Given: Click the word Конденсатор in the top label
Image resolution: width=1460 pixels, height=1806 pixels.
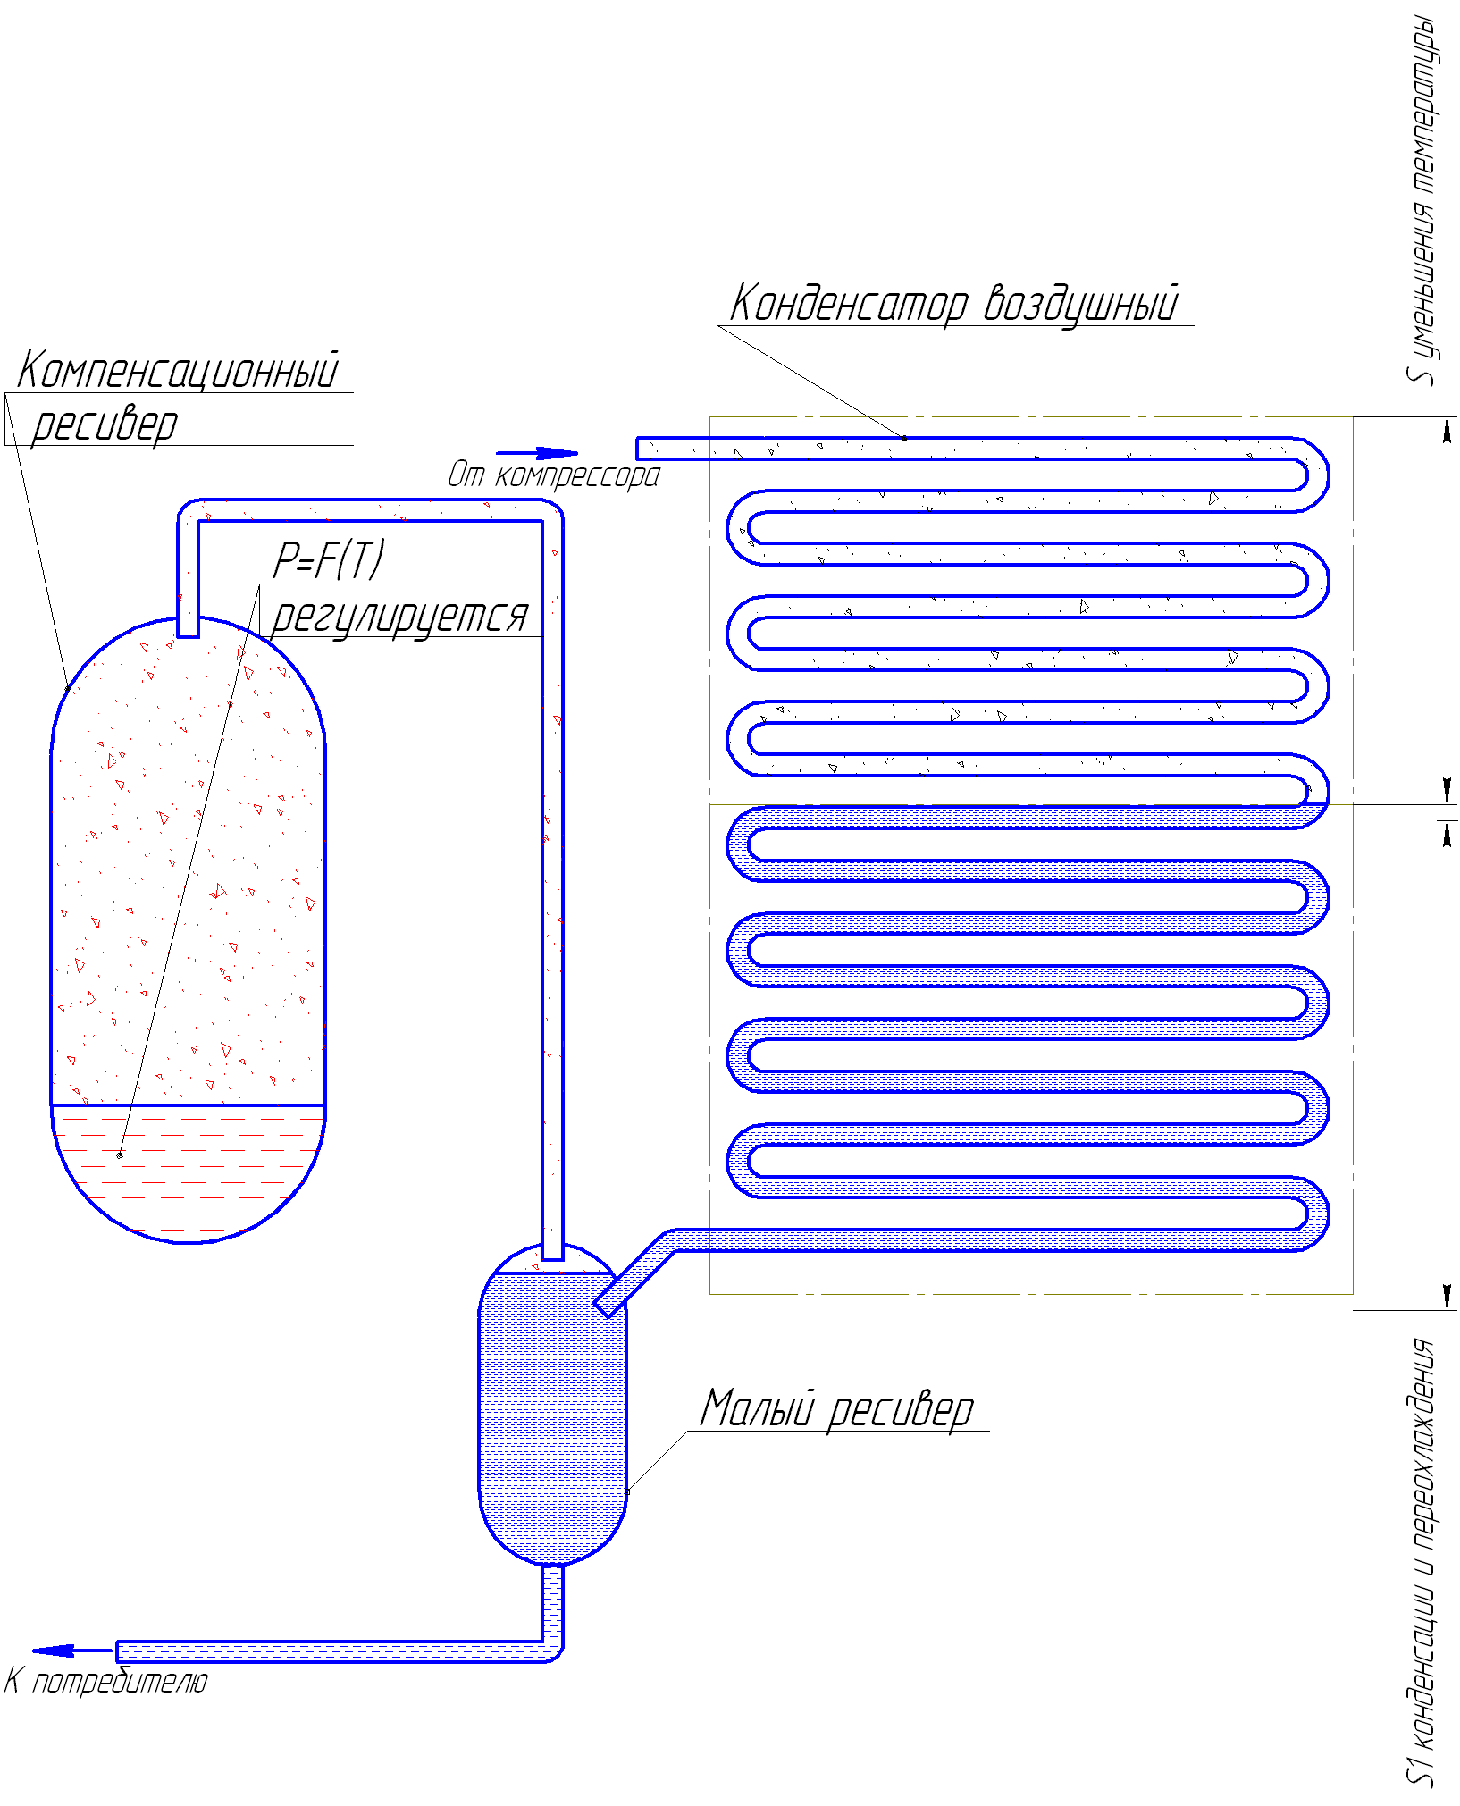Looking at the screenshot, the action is coord(849,304).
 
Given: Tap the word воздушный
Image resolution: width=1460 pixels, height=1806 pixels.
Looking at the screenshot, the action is coord(1081,305).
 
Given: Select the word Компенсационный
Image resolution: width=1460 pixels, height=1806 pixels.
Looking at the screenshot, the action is coord(179,370).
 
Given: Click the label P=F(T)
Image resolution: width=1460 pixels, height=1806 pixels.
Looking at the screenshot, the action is coord(329,560).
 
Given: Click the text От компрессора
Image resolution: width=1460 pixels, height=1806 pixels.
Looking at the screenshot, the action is coord(554,475).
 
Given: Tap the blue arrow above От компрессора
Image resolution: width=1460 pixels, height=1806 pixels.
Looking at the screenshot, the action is coord(537,453).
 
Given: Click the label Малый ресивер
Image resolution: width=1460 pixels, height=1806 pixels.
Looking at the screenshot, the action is coord(836,1409).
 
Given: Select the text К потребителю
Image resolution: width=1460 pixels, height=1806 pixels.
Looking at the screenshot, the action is coord(105,1681).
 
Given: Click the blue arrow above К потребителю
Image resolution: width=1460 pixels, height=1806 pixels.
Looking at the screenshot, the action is coord(72,1651).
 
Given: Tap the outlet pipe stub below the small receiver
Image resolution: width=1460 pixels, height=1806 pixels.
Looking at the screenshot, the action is coord(553,1604).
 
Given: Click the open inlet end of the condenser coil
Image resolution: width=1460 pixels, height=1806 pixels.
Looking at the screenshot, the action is coord(638,449).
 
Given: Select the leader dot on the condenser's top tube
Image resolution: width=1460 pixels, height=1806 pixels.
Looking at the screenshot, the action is coord(904,438).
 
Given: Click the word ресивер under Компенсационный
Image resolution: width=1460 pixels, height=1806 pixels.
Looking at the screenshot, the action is coord(105,424).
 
